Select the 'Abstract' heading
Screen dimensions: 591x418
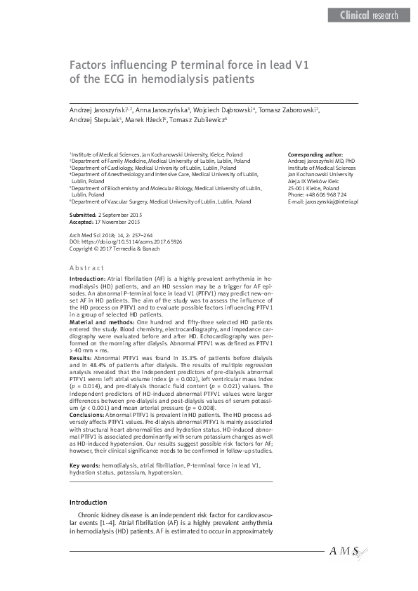[86, 268]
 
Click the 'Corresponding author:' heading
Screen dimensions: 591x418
[315, 154]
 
